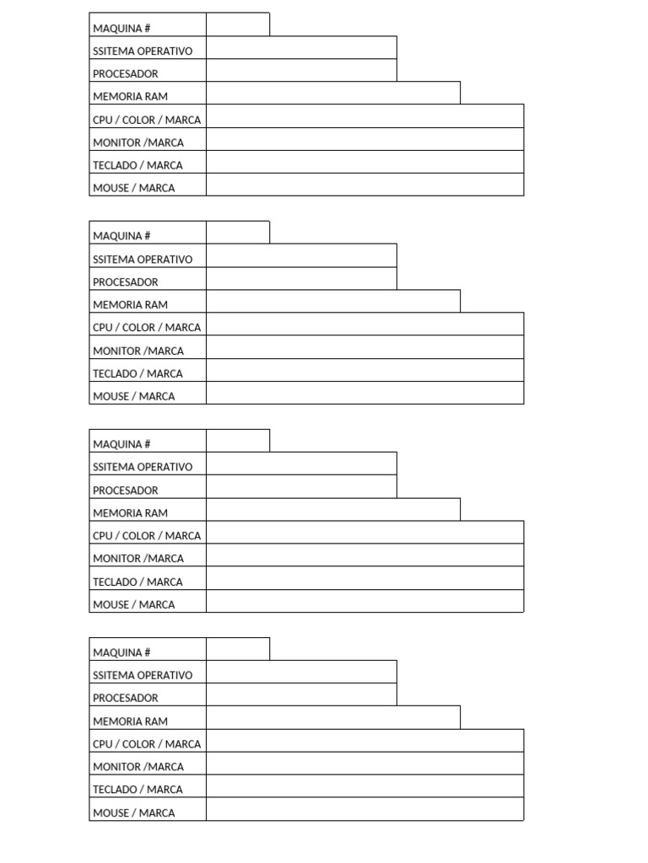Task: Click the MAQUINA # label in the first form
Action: [121, 29]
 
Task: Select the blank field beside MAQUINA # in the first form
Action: [238, 25]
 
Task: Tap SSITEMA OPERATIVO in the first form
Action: [143, 51]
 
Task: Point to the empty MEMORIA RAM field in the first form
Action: [333, 94]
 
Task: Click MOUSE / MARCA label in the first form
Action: [134, 188]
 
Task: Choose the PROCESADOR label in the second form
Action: [126, 282]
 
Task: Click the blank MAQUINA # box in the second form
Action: [238, 233]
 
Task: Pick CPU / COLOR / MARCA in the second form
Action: [147, 327]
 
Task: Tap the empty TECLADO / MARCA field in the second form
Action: [364, 371]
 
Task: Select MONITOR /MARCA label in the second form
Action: [138, 351]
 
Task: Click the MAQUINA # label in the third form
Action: [121, 444]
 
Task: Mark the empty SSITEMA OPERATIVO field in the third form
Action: [301, 464]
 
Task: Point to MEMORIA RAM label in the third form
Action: [130, 512]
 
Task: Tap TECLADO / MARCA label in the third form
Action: [138, 582]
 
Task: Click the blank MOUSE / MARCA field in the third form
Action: [364, 601]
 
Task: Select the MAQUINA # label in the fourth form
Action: [121, 652]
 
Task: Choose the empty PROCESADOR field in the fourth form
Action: [301, 694]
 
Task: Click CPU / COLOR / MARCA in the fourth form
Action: [147, 743]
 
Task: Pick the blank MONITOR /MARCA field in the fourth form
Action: [364, 764]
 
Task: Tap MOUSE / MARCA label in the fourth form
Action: [134, 812]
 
